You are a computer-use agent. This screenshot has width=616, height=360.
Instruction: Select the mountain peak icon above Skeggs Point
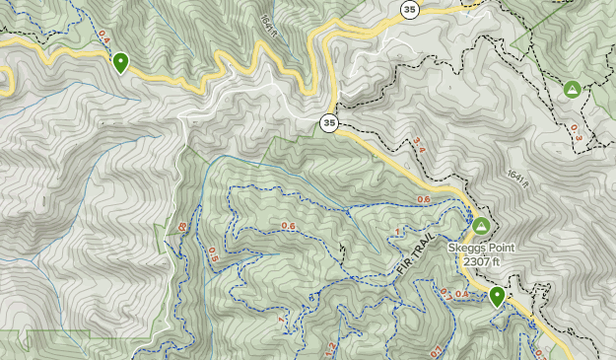pyautogui.click(x=480, y=226)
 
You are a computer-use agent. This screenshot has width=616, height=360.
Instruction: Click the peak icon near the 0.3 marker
pyautogui.click(x=572, y=90)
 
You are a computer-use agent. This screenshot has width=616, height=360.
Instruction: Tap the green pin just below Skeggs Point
pyautogui.click(x=498, y=295)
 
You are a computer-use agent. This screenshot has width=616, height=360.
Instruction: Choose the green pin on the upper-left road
pyautogui.click(x=121, y=63)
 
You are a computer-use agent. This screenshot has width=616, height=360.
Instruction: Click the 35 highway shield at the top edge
pyautogui.click(x=409, y=9)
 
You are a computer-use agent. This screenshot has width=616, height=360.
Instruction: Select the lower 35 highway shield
pyautogui.click(x=329, y=123)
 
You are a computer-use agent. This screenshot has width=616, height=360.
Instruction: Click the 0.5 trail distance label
pyautogui.click(x=213, y=252)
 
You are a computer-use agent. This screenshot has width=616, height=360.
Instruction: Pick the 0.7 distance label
pyautogui.click(x=446, y=292)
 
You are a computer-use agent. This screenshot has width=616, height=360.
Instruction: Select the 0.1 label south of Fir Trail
pyautogui.click(x=436, y=351)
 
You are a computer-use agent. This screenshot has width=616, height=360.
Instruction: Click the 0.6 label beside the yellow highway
pyautogui.click(x=424, y=201)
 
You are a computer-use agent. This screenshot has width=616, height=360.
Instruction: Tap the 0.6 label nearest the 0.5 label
pyautogui.click(x=288, y=226)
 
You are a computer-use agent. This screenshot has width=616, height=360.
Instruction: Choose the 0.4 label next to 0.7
pyautogui.click(x=463, y=294)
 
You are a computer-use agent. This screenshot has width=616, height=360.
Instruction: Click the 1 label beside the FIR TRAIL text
pyautogui.click(x=398, y=232)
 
